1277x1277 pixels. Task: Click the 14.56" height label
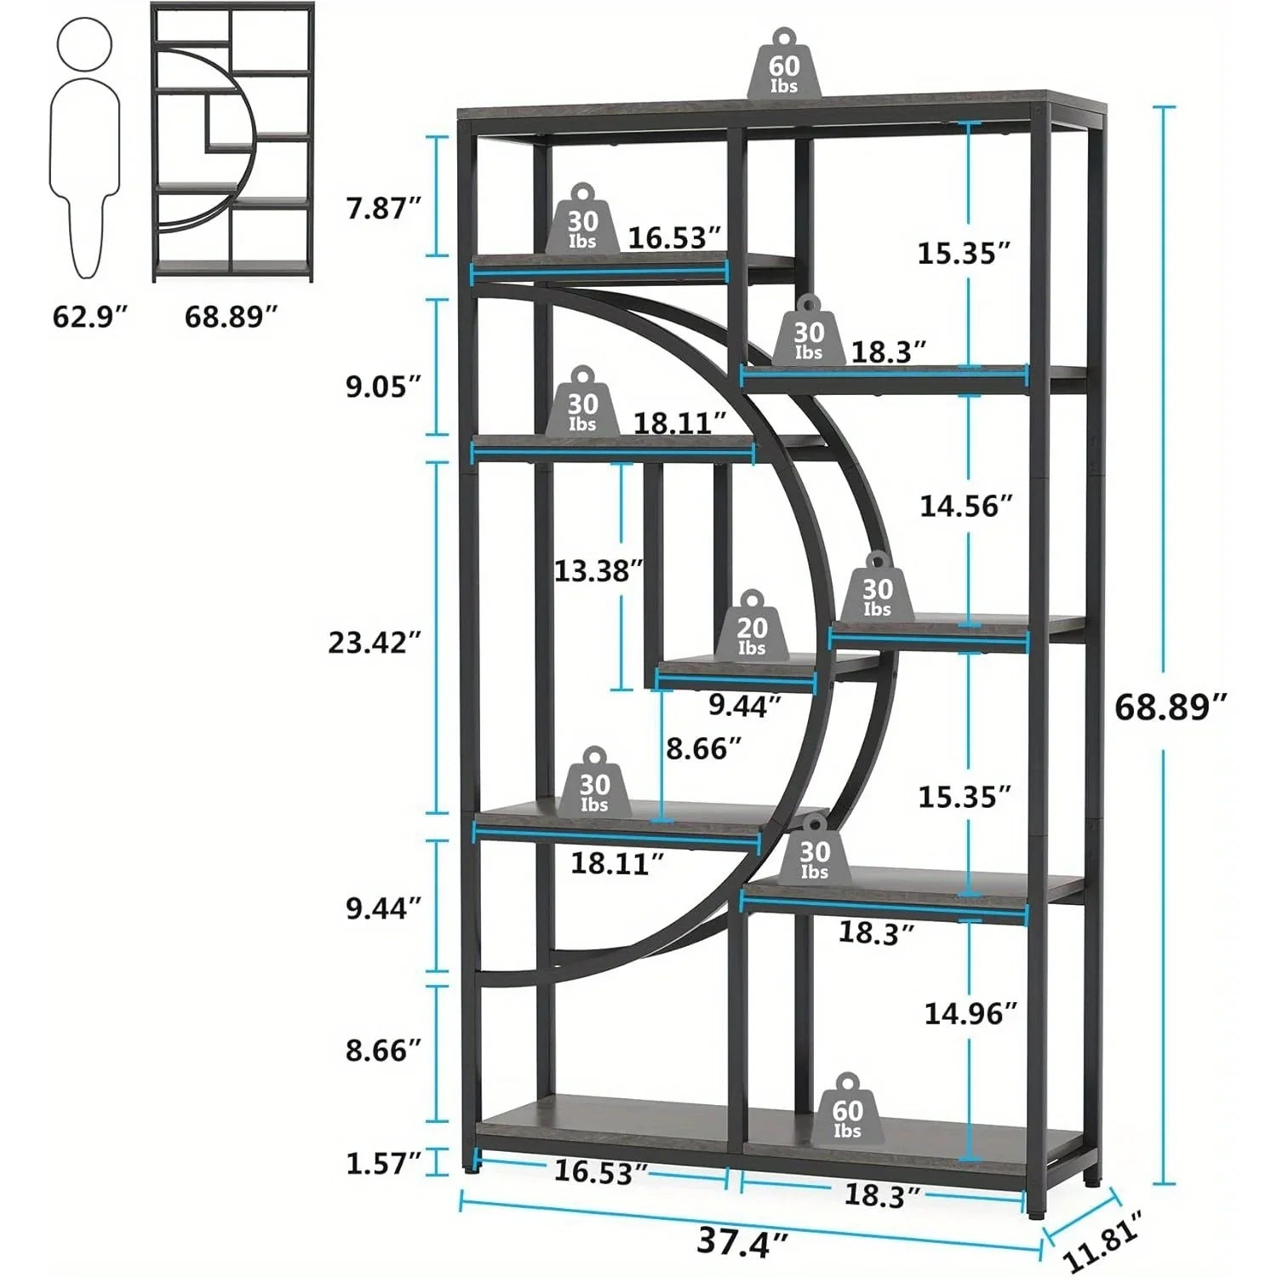(965, 507)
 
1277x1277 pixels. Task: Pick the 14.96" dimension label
(971, 1013)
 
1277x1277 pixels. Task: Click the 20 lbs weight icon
(752, 626)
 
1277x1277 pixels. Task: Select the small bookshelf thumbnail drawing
(232, 142)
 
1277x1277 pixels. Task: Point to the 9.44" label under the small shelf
(745, 706)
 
